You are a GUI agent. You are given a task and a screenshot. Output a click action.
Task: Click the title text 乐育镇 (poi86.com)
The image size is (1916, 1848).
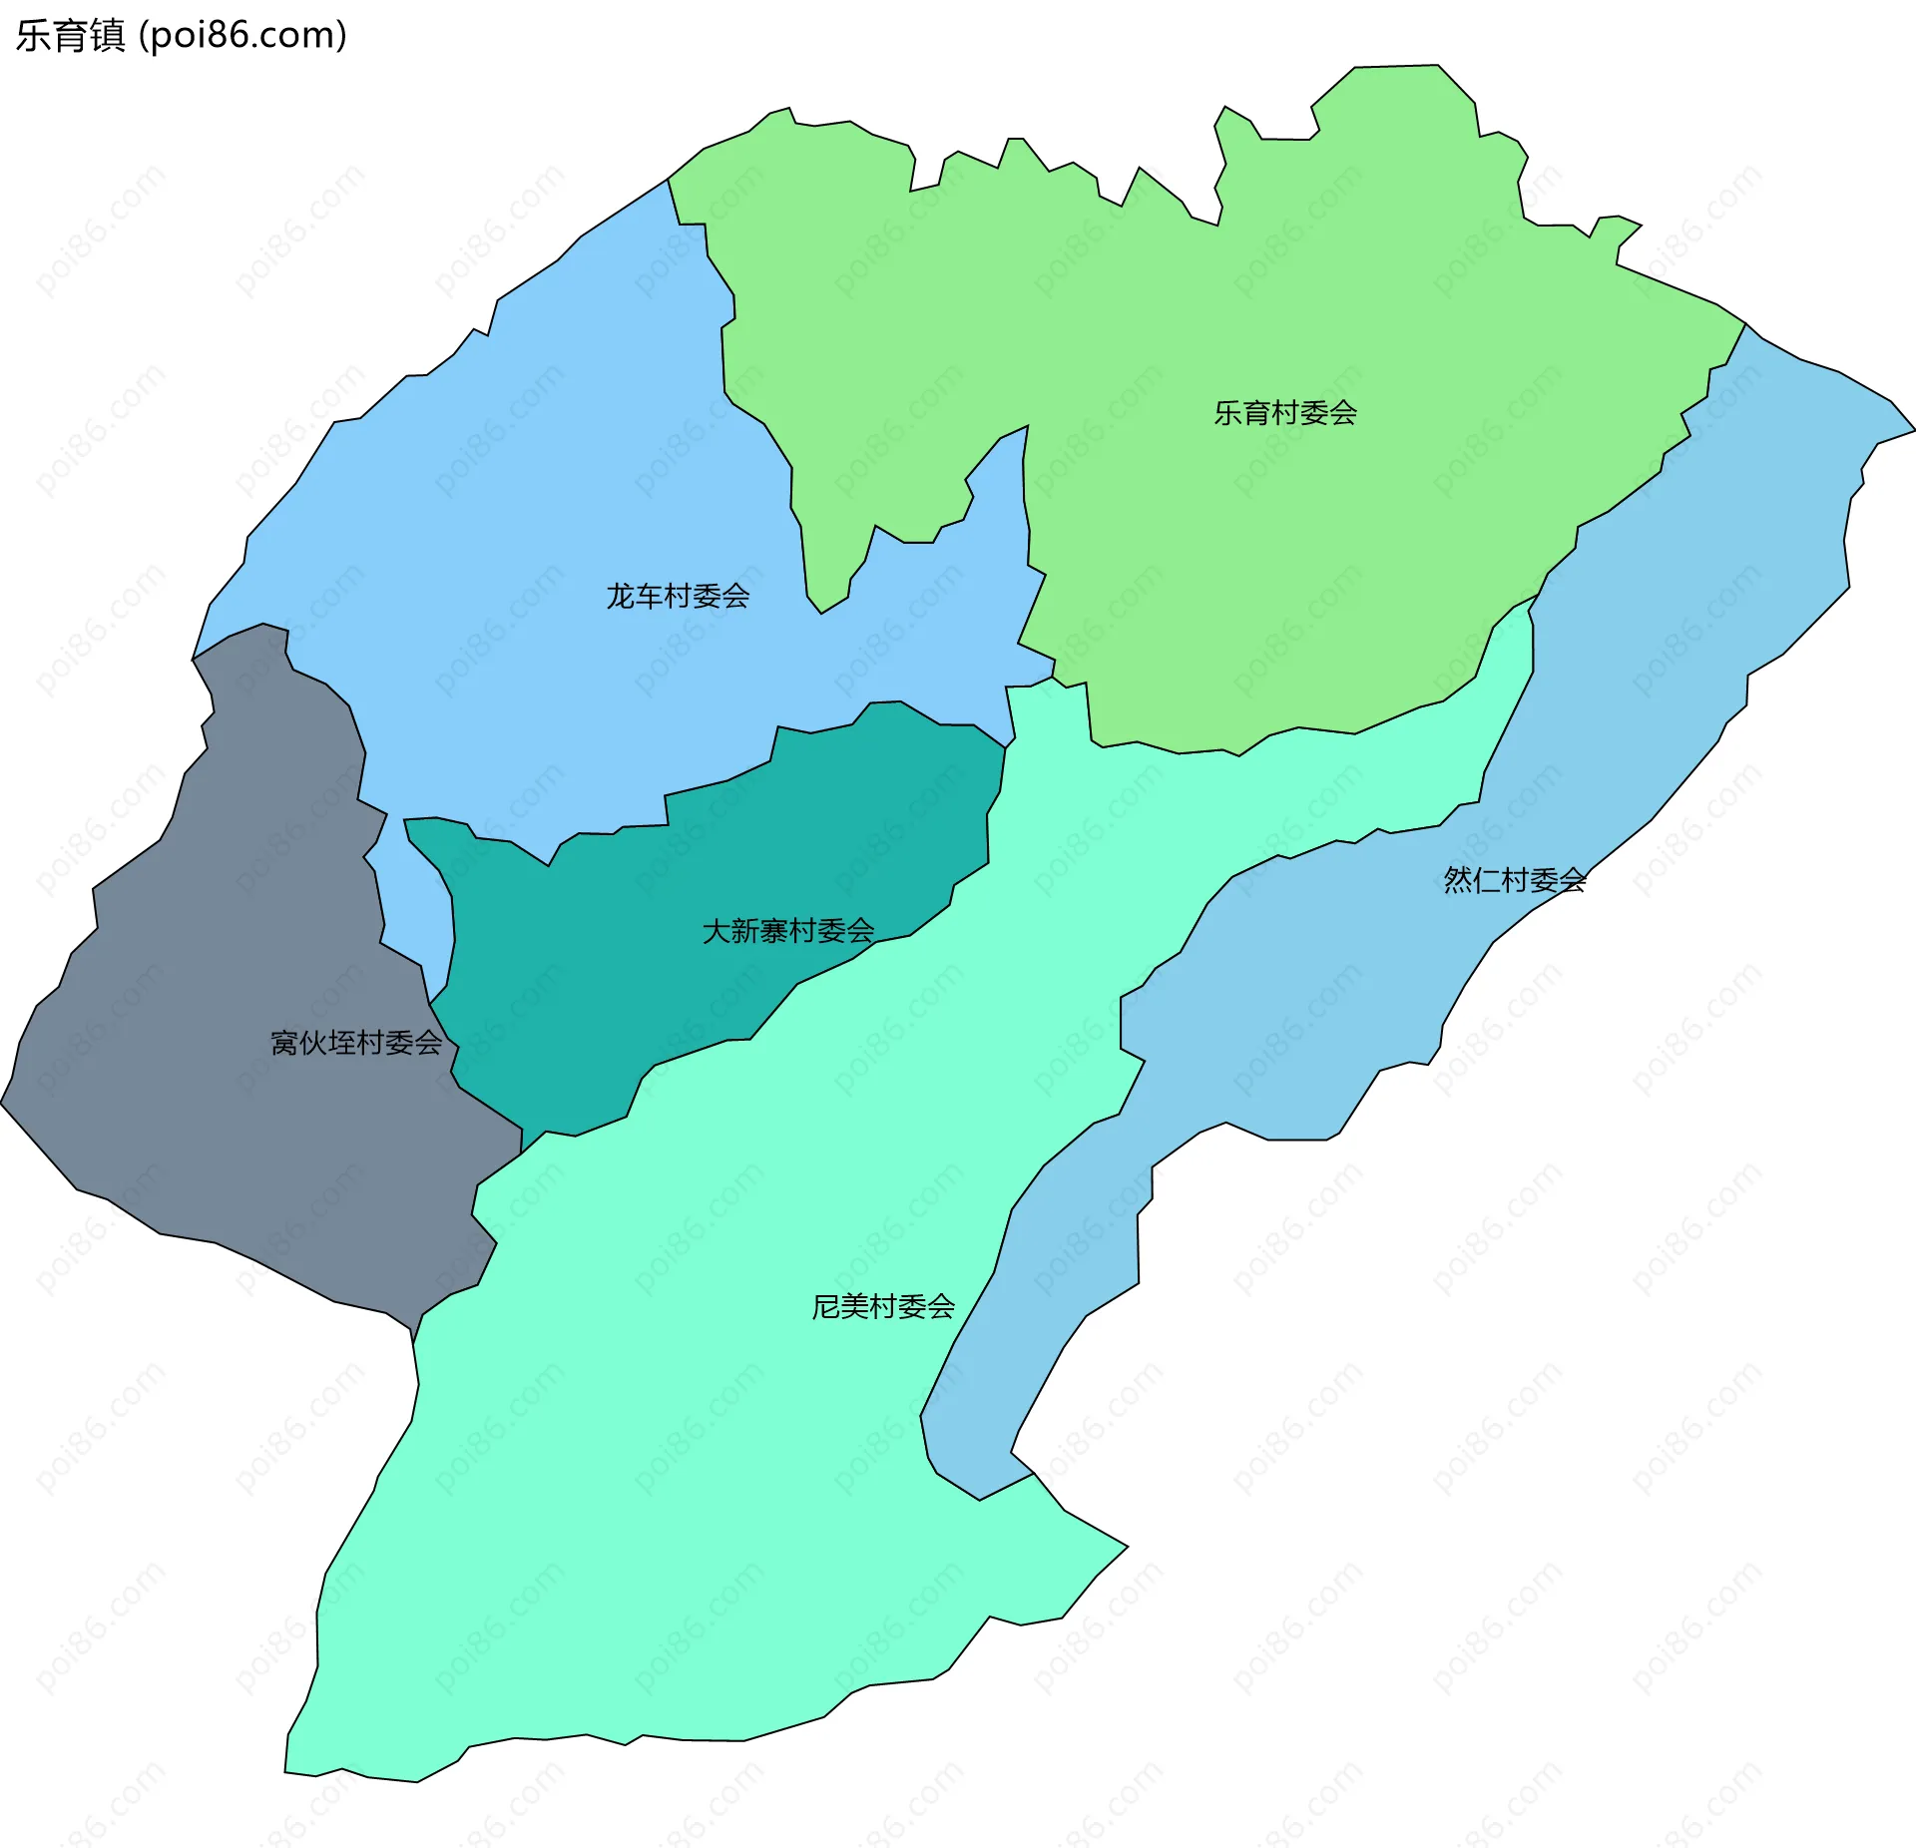[x=181, y=36]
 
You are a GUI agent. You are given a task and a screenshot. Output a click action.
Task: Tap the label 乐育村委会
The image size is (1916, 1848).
[x=1284, y=413]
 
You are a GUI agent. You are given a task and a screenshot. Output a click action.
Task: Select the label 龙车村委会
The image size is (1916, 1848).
[x=678, y=597]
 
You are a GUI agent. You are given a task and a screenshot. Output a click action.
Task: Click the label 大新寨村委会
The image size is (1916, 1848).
[x=787, y=931]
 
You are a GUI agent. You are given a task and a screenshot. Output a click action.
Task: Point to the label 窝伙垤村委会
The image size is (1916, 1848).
[x=356, y=1043]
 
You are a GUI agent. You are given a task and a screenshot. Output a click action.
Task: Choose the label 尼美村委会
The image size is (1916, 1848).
[x=883, y=1306]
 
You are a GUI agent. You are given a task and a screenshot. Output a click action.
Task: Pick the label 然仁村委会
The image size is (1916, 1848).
[x=1514, y=879]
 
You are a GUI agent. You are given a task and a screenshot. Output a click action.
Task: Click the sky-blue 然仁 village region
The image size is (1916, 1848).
[x=1696, y=599]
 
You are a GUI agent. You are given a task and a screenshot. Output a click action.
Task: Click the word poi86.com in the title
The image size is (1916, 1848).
[x=242, y=36]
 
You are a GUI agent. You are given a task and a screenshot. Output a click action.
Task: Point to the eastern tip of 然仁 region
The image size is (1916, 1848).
[x=1912, y=431]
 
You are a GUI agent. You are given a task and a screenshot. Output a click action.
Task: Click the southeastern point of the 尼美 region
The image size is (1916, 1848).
[x=1126, y=1548]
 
